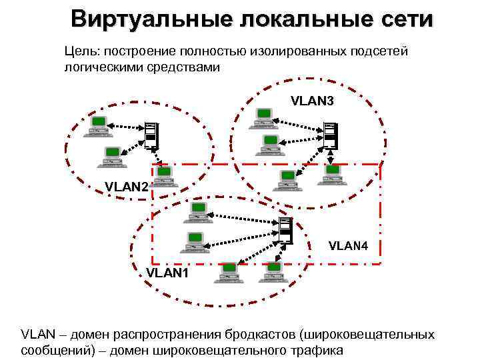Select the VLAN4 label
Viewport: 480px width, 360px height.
[347, 246]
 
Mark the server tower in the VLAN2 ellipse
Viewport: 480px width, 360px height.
[151, 135]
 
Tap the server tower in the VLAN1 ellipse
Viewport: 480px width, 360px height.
[285, 230]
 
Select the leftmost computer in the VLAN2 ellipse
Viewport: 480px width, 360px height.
[97, 125]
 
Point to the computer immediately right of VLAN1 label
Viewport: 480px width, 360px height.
[229, 271]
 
